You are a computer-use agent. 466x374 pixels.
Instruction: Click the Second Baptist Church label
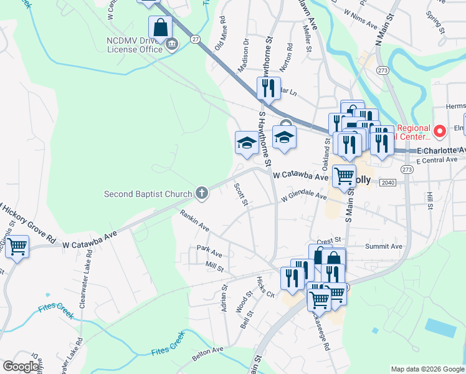148,194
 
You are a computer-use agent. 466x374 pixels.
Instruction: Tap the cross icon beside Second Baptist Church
201,193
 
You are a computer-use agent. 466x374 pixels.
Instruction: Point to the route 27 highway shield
196,39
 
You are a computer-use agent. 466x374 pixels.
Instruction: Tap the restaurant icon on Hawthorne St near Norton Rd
269,88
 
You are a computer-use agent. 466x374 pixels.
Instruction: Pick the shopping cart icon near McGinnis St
17,247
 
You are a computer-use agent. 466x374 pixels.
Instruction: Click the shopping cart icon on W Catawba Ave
344,176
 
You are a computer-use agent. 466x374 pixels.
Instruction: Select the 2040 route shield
387,182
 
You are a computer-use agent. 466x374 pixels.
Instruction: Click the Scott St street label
241,194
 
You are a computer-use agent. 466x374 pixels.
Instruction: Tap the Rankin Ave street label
194,221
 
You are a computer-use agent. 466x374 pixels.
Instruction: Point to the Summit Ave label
383,247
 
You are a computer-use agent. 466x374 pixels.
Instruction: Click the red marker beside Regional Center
439,132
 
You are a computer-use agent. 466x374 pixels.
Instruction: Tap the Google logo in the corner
21,367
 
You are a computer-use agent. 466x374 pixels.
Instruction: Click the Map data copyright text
427,369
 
